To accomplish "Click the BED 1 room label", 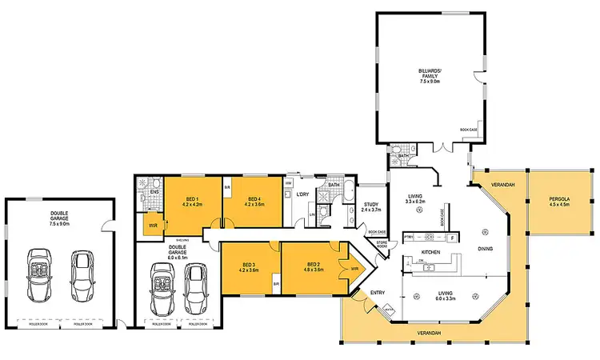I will [191, 198].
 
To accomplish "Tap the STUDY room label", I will [370, 206].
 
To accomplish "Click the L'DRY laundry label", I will [303, 195].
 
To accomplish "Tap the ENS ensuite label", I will [154, 191].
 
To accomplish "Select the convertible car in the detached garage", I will [37, 271].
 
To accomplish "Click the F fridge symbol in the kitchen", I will [452, 238].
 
